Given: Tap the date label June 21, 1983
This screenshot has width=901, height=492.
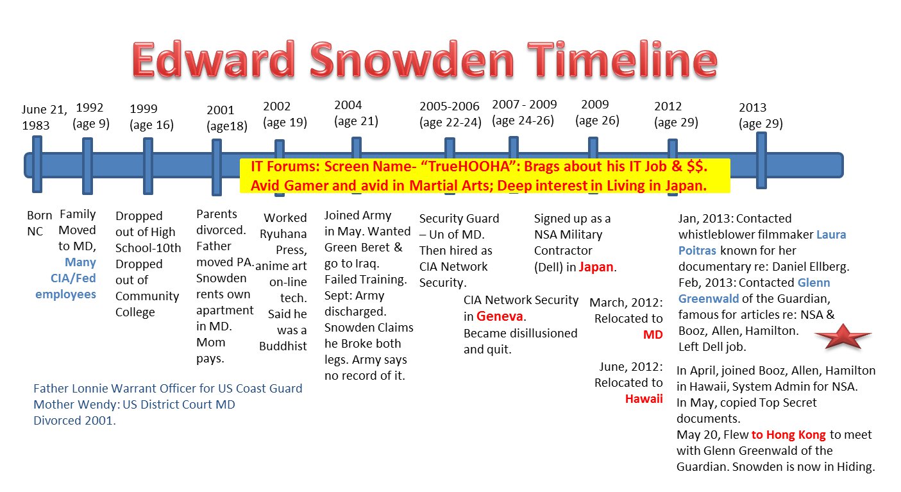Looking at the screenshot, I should (x=44, y=117).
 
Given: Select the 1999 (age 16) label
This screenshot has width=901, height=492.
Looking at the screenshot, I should (x=151, y=117).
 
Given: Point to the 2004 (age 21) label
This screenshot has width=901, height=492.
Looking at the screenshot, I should (x=356, y=113).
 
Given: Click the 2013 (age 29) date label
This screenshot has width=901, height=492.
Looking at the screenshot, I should (x=761, y=115).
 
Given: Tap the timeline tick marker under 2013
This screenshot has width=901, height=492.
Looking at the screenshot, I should (x=761, y=160).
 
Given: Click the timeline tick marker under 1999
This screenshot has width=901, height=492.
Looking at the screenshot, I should (x=148, y=165).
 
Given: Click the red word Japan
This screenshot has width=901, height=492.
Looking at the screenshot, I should (x=596, y=267).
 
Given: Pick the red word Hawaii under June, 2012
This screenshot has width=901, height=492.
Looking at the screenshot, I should (x=644, y=398).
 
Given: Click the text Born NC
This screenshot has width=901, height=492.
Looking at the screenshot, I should (x=35, y=223).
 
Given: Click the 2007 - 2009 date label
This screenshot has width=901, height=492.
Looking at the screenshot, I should (x=524, y=112).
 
